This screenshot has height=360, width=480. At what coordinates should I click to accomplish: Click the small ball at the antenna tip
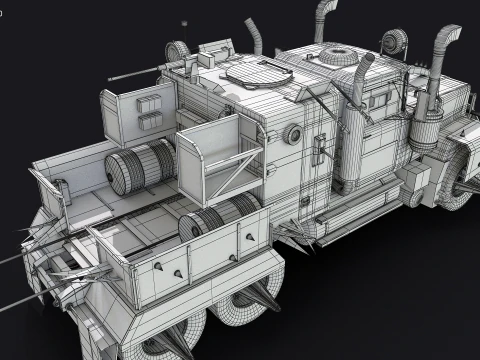click(183, 23)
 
